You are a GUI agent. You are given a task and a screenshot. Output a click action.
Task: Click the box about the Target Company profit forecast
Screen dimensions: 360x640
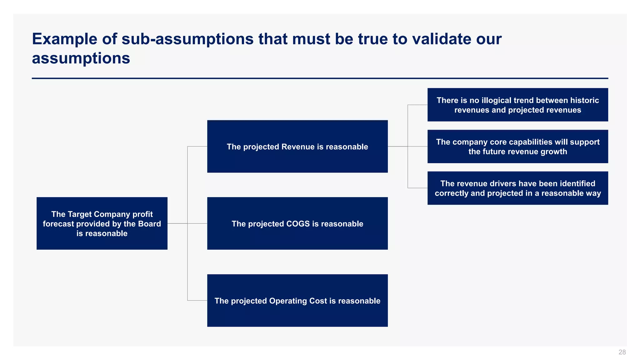pyautogui.click(x=102, y=223)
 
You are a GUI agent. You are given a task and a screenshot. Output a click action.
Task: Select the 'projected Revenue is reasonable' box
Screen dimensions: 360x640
pyautogui.click(x=297, y=146)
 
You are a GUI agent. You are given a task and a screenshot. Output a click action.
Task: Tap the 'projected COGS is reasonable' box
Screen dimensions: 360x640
pyautogui.click(x=297, y=223)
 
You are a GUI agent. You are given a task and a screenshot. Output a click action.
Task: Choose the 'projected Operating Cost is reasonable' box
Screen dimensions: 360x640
pyautogui.click(x=297, y=301)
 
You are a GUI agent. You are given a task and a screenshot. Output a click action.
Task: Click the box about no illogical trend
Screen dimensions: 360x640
pyautogui.click(x=517, y=105)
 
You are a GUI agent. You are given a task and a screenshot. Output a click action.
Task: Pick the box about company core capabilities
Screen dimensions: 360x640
pyautogui.click(x=517, y=146)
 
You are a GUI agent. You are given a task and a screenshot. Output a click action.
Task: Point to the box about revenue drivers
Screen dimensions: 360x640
pyautogui.click(x=517, y=188)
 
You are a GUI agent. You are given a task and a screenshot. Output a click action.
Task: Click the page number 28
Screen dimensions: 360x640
pyautogui.click(x=622, y=352)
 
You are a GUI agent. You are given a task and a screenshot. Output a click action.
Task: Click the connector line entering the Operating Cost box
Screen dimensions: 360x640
pyautogui.click(x=197, y=301)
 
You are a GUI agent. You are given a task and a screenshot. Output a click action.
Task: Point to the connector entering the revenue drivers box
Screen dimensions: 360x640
pyautogui.click(x=417, y=188)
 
